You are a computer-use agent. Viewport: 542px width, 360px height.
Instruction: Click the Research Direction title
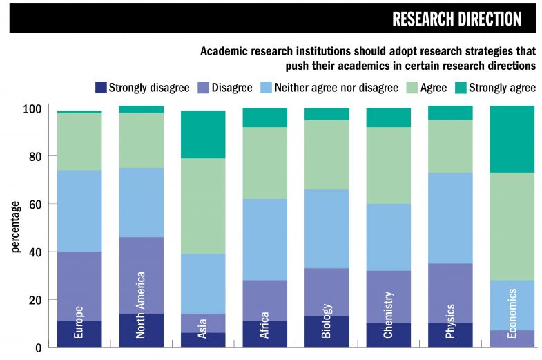click(x=456, y=19)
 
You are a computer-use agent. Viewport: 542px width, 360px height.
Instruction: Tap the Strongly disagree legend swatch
click(x=101, y=88)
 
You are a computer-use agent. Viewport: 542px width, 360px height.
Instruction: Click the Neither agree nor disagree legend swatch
click(x=266, y=88)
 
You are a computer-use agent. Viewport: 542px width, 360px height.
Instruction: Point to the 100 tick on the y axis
click(x=32, y=109)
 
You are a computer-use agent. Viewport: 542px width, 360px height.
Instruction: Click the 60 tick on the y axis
click(x=35, y=205)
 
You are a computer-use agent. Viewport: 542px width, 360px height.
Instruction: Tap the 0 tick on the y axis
click(x=39, y=348)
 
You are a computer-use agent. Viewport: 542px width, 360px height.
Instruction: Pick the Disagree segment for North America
click(x=142, y=275)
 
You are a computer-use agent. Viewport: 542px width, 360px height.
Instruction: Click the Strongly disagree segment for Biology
click(x=327, y=332)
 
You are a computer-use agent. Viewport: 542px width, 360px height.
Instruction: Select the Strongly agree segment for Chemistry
click(x=388, y=117)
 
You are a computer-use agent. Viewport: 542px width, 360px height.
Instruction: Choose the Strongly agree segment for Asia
click(x=203, y=134)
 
